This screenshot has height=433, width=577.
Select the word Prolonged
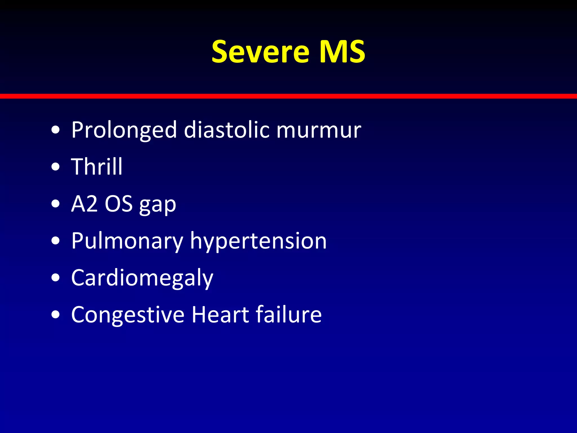124,130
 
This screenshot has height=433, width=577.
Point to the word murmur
319,130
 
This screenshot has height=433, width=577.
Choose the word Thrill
97,167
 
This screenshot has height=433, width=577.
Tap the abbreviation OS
119,204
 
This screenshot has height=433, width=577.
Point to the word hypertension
258,241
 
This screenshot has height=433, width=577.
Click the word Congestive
128,315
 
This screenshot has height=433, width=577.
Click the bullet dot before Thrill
56,167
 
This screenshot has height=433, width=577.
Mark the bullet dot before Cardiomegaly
56,278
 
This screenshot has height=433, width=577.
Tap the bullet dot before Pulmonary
56,241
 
